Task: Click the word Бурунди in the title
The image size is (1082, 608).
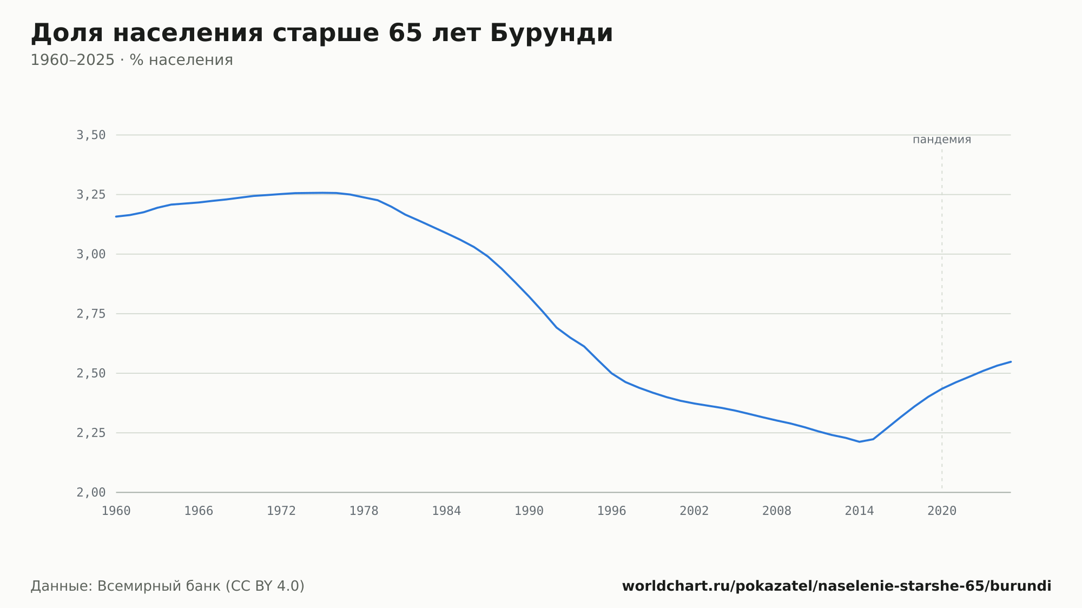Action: [x=552, y=34]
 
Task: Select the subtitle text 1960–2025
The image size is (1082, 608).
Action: [x=72, y=60]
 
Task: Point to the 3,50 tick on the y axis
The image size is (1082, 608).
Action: [x=91, y=135]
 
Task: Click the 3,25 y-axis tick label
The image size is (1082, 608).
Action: [x=91, y=195]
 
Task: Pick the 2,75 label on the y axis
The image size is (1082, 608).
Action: [x=91, y=314]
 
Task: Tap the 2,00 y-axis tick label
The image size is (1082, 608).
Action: [x=91, y=492]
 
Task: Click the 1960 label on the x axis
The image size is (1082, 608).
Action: [x=116, y=511]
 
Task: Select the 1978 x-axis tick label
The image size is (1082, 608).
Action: [x=364, y=511]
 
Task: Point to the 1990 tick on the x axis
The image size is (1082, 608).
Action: [x=529, y=511]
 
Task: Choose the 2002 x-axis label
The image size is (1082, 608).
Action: [x=694, y=511]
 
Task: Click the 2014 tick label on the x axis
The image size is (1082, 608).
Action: [x=860, y=511]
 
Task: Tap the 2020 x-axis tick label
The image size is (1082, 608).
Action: [x=942, y=511]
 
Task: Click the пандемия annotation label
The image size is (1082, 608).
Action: [x=942, y=140]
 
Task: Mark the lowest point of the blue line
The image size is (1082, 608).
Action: [x=859, y=442]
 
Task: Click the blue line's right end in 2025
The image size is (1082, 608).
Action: [x=1011, y=361]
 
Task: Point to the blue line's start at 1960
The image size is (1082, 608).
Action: [x=116, y=216]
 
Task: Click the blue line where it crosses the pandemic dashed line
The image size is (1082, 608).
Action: [x=942, y=388]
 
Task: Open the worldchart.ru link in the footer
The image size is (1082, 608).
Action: [x=837, y=586]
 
